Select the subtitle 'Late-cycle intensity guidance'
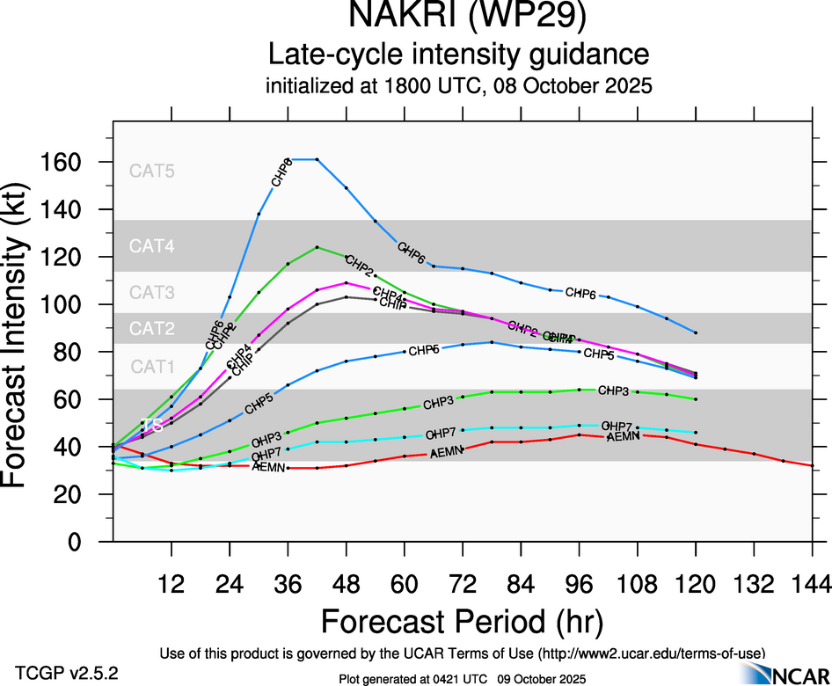(x=458, y=55)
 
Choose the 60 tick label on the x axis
(x=405, y=583)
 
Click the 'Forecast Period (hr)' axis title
(x=462, y=622)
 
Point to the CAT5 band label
(x=152, y=171)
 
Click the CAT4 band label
(x=152, y=246)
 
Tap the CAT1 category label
(x=152, y=367)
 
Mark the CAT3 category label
(x=152, y=293)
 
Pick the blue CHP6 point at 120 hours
(x=696, y=332)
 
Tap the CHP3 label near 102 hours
(x=613, y=390)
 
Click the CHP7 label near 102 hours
(x=617, y=427)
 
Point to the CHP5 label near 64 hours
(x=424, y=350)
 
